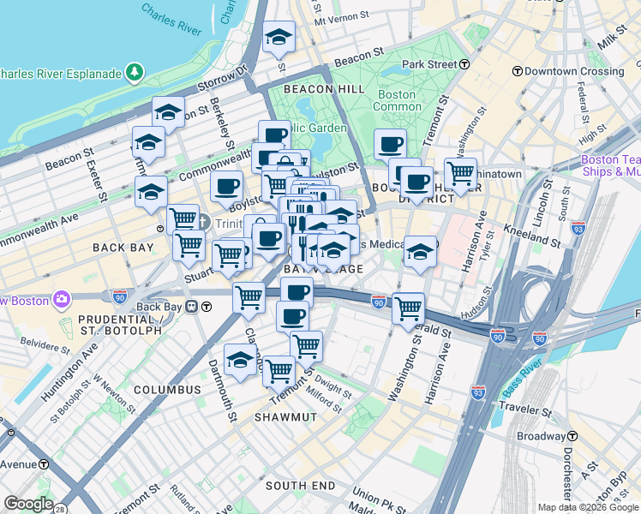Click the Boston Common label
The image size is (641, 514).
tap(396, 100)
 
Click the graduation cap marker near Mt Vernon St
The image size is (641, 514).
tap(279, 37)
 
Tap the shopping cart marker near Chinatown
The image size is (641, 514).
tap(460, 174)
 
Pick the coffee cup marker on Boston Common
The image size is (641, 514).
tap(390, 144)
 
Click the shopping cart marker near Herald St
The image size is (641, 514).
tap(409, 308)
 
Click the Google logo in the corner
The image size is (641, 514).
tap(28, 504)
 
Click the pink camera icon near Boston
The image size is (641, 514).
tap(62, 300)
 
